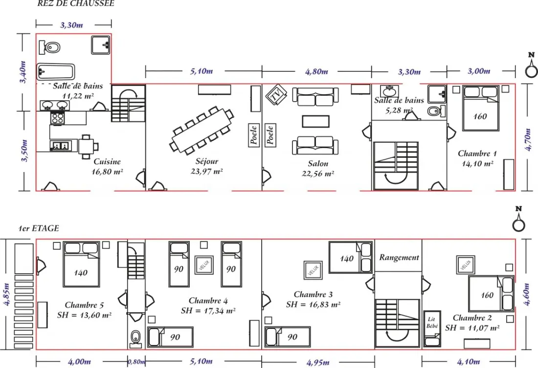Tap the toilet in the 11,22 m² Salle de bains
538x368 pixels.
coord(49,47)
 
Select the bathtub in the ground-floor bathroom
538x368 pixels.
coord(56,72)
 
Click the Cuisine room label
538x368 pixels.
coord(107,162)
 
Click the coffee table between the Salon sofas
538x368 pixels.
coord(315,121)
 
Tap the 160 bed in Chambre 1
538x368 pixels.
coord(480,108)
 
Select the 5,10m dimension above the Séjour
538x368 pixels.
coord(202,71)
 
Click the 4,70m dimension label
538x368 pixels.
coord(528,139)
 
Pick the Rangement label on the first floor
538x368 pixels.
coord(399,257)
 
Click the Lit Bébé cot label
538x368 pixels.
coord(432,323)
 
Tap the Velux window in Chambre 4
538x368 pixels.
coord(204,265)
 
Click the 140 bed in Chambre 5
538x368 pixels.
coord(81,264)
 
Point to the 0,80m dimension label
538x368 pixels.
coord(136,362)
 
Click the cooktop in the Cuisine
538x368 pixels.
coord(58,118)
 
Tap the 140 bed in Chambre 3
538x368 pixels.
coord(351,257)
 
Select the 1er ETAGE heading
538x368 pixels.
coord(39,228)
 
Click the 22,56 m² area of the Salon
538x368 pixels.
coord(318,174)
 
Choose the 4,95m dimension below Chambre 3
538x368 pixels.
coord(318,362)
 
